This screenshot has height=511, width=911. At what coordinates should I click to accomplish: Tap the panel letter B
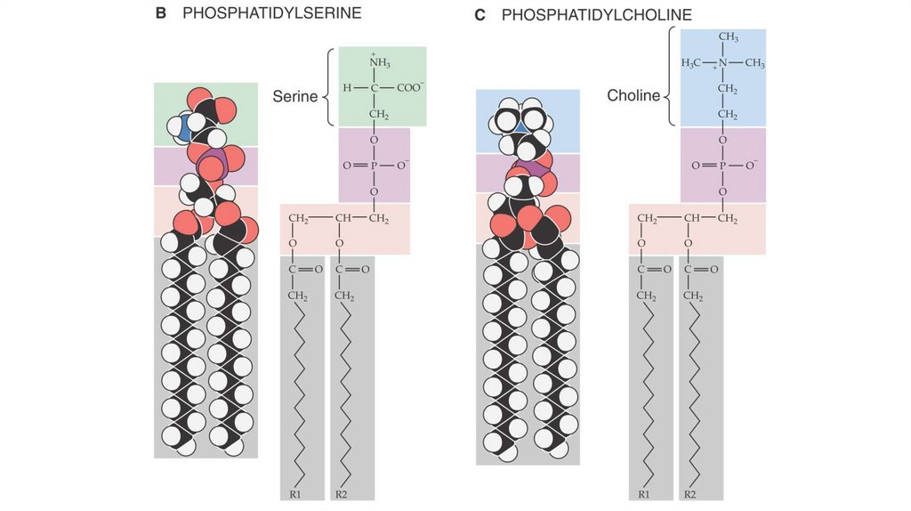[x=160, y=15]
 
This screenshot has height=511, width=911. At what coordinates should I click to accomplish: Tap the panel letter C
[x=480, y=15]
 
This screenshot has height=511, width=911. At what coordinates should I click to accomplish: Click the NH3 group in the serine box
[x=380, y=62]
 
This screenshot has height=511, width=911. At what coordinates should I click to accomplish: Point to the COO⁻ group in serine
[x=410, y=88]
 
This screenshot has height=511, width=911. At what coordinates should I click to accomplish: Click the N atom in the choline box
[x=723, y=62]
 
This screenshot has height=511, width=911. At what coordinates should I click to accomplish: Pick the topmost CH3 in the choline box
[x=728, y=37]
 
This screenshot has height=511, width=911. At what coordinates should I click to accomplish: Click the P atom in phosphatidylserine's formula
[x=374, y=166]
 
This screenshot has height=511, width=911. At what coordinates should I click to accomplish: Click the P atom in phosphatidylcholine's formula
[x=722, y=166]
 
